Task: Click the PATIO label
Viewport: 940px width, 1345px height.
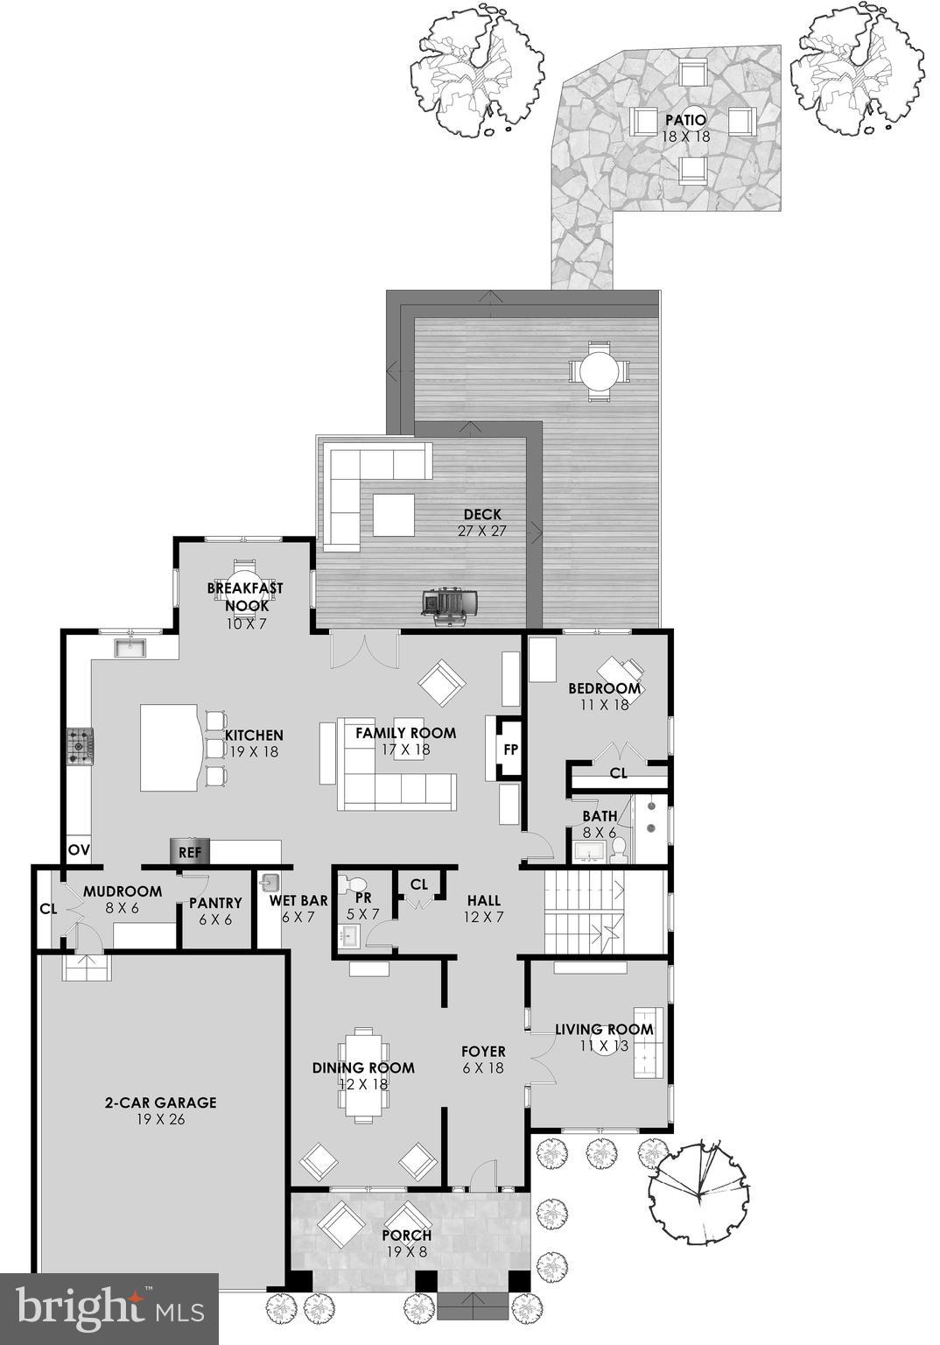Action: click(x=685, y=120)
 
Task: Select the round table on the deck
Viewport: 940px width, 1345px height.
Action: click(x=599, y=370)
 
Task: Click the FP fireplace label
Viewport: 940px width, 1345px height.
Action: click(x=510, y=750)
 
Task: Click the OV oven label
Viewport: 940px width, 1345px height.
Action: click(x=79, y=849)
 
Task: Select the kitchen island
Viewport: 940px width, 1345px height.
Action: click(x=170, y=747)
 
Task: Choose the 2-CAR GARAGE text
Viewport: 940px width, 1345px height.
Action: click(x=161, y=1102)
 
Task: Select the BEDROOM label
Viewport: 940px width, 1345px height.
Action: click(x=604, y=688)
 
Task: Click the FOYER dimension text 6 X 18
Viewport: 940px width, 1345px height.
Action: click(x=483, y=1067)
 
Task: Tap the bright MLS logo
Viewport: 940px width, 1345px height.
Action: click(x=110, y=1308)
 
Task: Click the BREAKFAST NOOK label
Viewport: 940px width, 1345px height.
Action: click(x=244, y=595)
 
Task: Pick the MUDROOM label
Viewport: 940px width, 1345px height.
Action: click(x=123, y=891)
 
